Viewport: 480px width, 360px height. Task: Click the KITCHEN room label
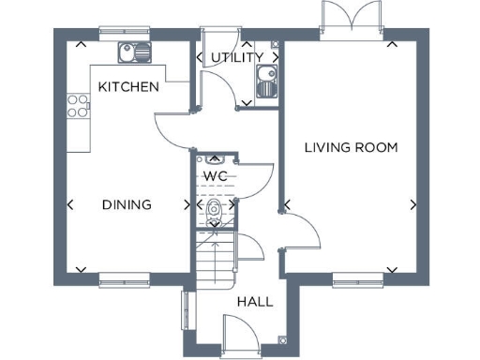point(127,86)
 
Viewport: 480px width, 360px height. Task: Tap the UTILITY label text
point(236,57)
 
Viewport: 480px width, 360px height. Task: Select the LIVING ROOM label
point(352,147)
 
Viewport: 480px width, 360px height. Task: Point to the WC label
point(216,175)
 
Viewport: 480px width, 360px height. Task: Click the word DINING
point(127,204)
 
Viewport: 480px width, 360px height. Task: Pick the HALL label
point(254,302)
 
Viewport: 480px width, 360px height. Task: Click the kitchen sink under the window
point(127,52)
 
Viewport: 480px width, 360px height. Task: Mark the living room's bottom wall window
point(357,277)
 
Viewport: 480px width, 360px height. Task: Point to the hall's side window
point(186,311)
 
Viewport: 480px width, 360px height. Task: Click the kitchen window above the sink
point(127,31)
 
